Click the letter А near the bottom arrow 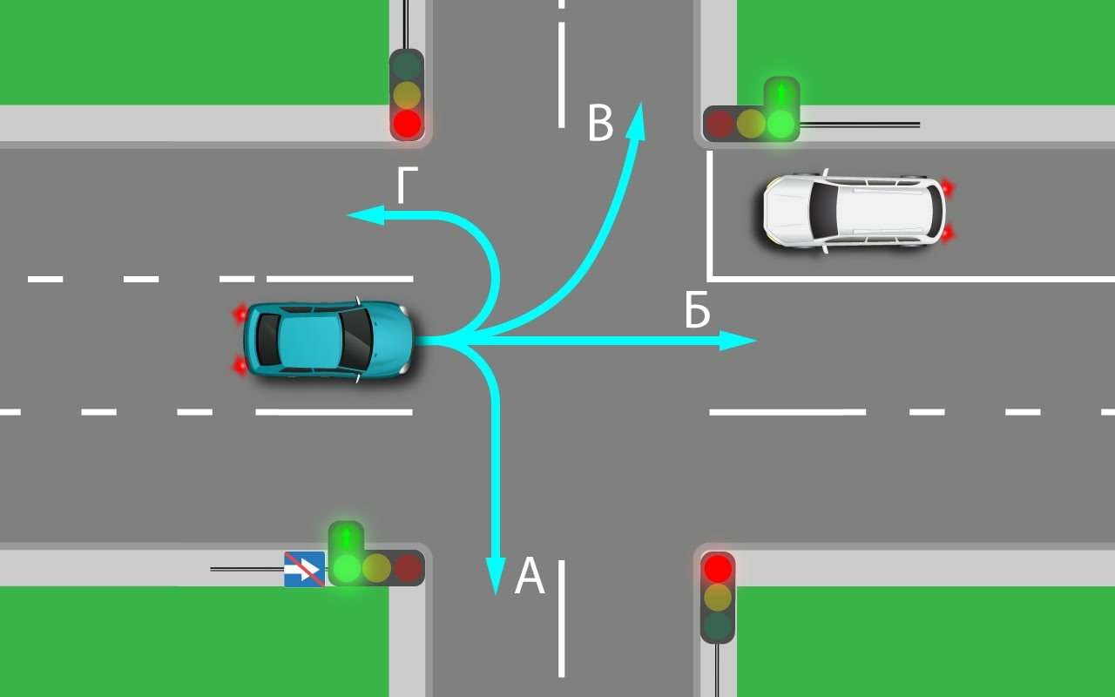(x=530, y=577)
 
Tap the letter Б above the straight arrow (x=697, y=313)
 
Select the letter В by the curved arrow (x=600, y=123)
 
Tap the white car (x=854, y=211)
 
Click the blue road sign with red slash (x=304, y=569)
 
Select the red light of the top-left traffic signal (x=407, y=123)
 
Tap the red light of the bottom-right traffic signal (x=718, y=569)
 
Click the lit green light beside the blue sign (x=346, y=568)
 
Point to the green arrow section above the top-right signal (x=781, y=92)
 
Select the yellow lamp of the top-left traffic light (x=407, y=94)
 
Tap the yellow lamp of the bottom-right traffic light (x=718, y=597)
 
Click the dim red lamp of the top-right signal (x=720, y=124)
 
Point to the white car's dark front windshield (x=822, y=211)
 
